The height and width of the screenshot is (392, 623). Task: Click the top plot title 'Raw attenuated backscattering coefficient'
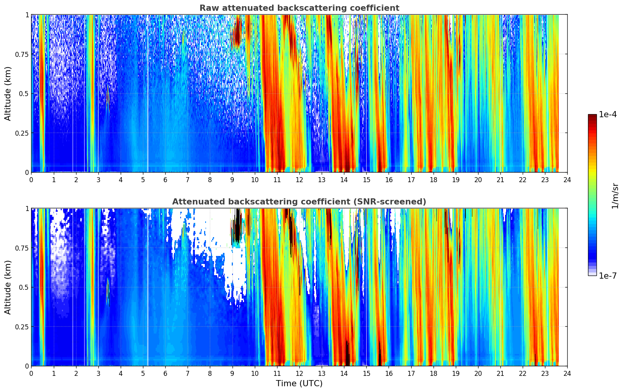point(299,8)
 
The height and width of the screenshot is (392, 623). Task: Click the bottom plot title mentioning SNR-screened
point(299,202)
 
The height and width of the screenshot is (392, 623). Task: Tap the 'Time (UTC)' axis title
point(299,384)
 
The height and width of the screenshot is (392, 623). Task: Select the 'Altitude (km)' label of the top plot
point(8,93)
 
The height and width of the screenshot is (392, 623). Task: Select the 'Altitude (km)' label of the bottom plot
point(8,287)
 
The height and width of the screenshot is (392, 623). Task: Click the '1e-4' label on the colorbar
point(608,115)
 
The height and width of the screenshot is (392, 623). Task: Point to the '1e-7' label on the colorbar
point(608,276)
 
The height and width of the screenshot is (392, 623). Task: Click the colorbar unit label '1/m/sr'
point(615,196)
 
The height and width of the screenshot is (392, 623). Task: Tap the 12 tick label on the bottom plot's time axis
point(299,374)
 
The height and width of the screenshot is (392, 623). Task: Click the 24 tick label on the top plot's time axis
point(567,180)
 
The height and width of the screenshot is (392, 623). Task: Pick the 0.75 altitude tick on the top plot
point(22,54)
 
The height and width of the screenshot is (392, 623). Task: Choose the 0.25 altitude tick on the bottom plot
point(22,327)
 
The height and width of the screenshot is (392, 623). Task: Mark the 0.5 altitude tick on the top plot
point(24,94)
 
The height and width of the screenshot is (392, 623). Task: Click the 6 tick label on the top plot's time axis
point(165,180)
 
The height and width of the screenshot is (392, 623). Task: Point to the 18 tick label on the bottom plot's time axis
point(433,374)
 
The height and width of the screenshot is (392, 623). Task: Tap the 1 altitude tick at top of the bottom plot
point(27,209)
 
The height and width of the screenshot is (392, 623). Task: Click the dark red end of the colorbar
point(592,116)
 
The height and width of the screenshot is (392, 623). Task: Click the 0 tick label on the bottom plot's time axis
point(31,374)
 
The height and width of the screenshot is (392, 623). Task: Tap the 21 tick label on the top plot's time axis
point(500,180)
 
